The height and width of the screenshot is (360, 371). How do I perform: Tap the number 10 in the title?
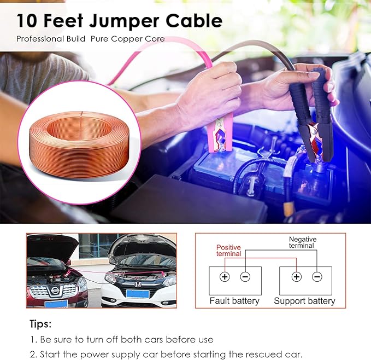27,21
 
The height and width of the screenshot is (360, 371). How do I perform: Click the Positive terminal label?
228,251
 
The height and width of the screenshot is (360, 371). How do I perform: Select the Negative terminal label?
302,243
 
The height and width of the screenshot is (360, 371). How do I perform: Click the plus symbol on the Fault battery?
225,277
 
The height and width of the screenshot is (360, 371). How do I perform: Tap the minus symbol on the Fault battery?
245,277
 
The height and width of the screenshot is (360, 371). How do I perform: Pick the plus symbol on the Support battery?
296,277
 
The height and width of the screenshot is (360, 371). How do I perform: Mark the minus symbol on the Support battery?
317,277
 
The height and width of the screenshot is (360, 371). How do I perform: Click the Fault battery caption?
234,301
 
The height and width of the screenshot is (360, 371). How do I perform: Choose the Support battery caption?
304,301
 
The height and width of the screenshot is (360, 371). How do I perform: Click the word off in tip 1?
109,339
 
